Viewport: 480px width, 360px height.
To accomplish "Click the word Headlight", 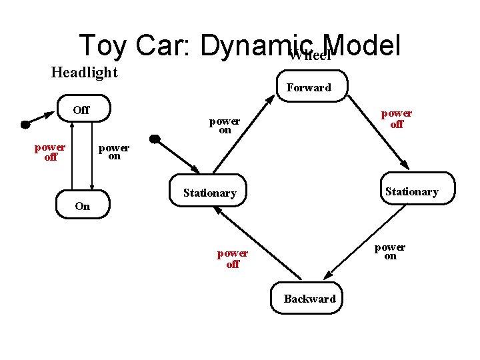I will pos(84,72).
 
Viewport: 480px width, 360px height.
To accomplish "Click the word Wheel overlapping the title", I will pos(310,55).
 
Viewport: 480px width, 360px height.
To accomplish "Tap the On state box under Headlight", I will pos(83,206).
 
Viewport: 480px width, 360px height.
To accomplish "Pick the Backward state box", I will pos(309,299).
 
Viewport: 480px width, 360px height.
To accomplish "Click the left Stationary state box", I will pos(209,193).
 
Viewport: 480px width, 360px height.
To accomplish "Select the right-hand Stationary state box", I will pos(412,191).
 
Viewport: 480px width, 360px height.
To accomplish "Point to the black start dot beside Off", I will pos(25,124).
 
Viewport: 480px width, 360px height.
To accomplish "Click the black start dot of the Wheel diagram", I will pos(154,139).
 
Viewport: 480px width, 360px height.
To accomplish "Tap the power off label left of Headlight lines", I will pos(50,152).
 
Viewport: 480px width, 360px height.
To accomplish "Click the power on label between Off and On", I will pos(114,152).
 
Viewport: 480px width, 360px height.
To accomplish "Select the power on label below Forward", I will pos(225,125).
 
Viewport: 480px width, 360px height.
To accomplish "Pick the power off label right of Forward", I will pos(397,119).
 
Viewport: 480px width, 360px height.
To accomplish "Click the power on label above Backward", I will pos(390,251).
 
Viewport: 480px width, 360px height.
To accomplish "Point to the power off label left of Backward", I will pos(232,259).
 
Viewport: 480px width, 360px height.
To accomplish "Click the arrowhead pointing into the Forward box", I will pos(269,99).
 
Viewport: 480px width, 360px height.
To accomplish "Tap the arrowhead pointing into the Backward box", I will pos(327,276).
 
